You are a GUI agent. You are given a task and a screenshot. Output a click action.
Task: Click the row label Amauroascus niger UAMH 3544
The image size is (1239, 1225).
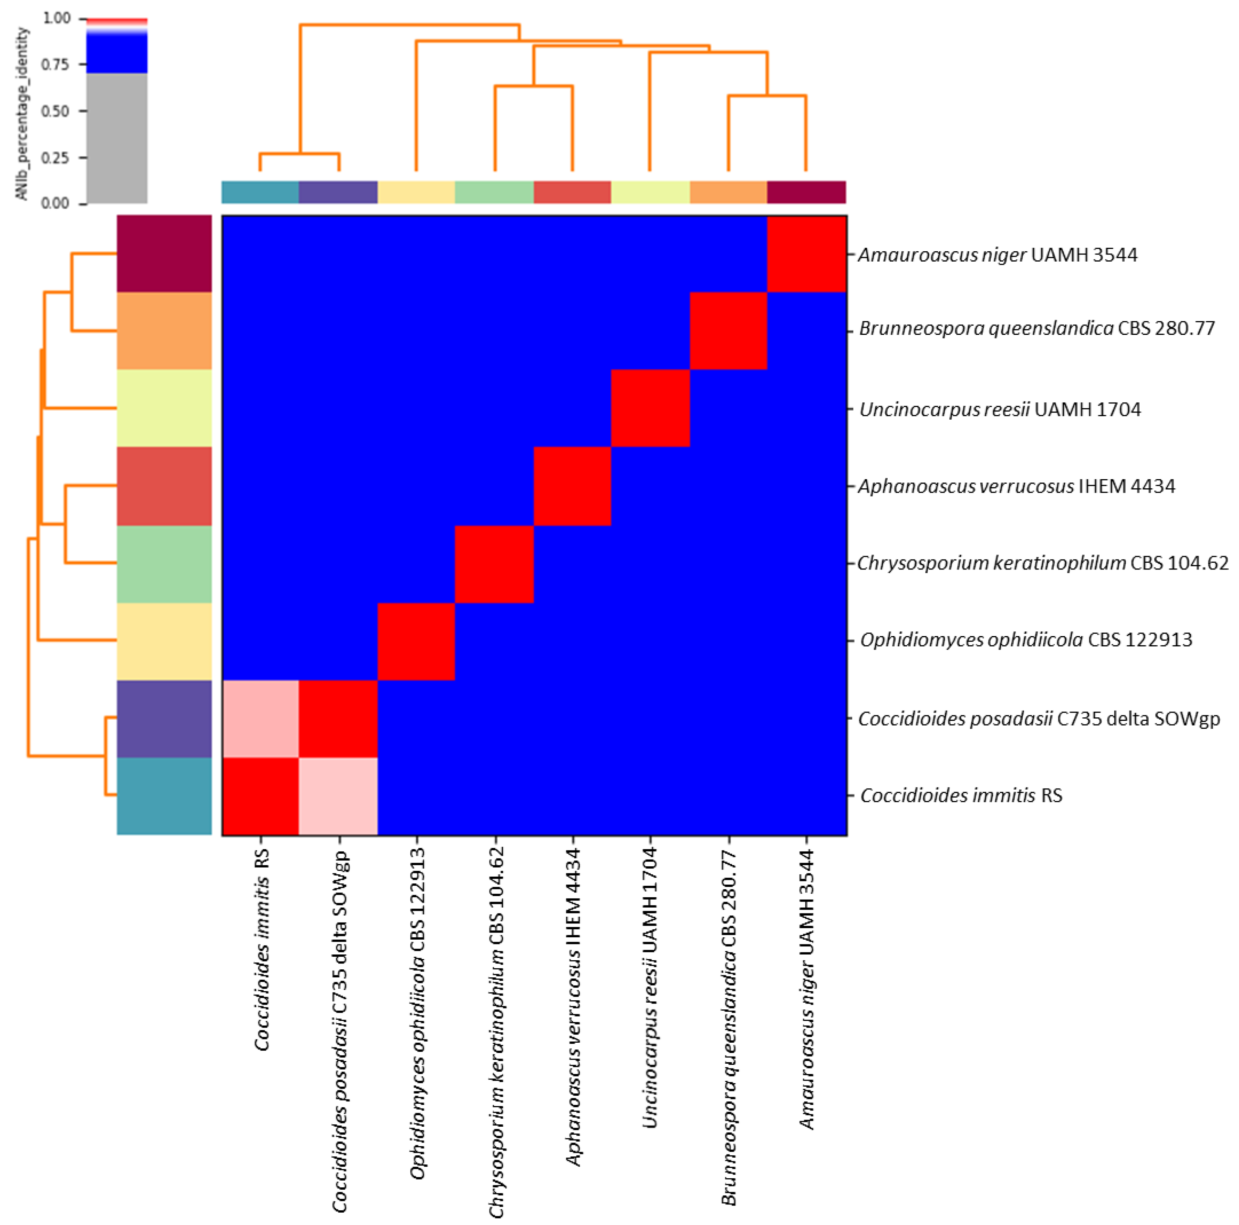997,255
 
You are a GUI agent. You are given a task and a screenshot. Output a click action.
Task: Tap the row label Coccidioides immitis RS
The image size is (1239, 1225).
961,795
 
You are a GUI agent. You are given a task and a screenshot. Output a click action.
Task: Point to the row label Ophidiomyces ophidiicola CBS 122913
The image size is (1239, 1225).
1026,640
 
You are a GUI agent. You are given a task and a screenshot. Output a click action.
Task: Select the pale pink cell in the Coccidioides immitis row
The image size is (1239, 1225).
339,796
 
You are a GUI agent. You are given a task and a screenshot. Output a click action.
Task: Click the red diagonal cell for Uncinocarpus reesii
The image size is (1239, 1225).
650,408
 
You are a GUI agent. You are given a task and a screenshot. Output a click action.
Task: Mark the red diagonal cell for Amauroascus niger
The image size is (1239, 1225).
807,254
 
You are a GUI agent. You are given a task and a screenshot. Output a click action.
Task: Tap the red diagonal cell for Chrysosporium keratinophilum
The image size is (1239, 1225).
494,564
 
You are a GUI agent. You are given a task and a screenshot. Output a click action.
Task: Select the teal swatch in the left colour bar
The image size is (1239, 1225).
164,796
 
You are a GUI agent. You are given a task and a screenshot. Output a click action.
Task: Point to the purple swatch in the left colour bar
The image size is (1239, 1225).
164,719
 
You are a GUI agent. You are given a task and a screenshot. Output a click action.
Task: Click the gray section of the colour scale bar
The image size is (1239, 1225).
117,138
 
